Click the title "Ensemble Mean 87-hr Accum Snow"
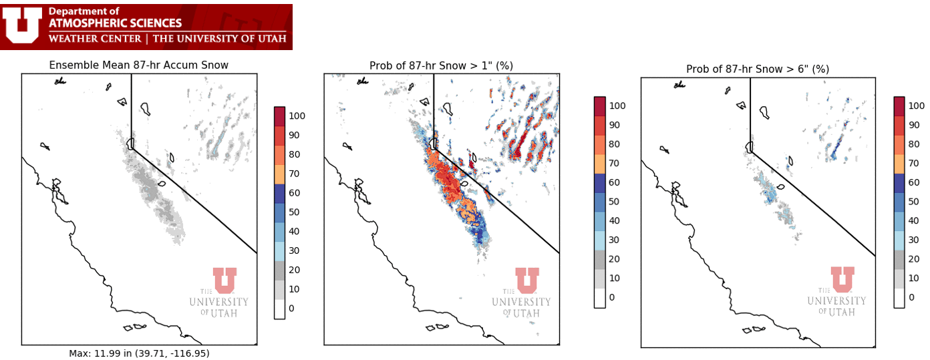pos(139,65)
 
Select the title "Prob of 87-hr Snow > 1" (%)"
pos(442,66)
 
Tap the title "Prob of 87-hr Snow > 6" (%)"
pos(758,69)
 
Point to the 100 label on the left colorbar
pos(297,116)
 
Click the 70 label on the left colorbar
pos(294,174)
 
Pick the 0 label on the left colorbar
pos(291,308)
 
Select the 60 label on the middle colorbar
pos(614,182)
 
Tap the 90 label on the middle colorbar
pos(614,125)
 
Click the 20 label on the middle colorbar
pos(614,259)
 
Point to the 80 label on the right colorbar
pos(914,144)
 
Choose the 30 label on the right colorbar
pos(914,240)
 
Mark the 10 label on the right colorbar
pos(914,278)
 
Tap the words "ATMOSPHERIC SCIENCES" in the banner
pos(115,23)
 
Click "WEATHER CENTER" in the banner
pos(95,39)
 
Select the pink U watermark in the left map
pos(224,281)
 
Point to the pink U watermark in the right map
pos(842,279)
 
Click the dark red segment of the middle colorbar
pos(599,106)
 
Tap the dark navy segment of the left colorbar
pos(279,194)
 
